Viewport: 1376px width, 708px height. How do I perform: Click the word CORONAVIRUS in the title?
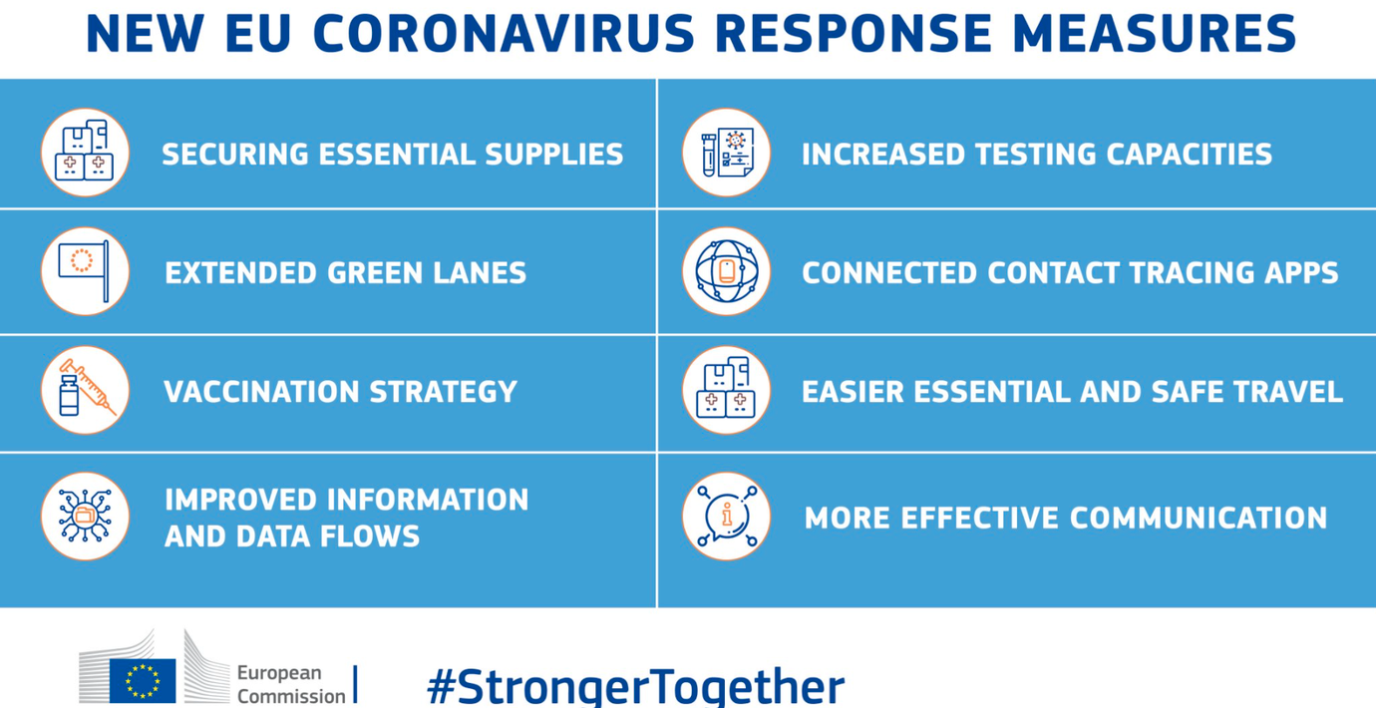pyautogui.click(x=504, y=33)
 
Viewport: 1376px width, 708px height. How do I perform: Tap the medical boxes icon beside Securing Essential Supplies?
pyautogui.click(x=86, y=152)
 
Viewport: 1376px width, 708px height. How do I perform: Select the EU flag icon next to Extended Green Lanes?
pyautogui.click(x=86, y=271)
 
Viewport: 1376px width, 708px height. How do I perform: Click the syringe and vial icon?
pyautogui.click(x=86, y=390)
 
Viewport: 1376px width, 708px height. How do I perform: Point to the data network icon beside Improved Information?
pyautogui.click(x=86, y=516)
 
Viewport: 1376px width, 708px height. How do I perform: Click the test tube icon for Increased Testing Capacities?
pyautogui.click(x=726, y=152)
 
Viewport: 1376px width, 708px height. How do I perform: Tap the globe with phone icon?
pyautogui.click(x=726, y=271)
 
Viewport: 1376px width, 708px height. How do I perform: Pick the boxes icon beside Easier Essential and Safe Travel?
pyautogui.click(x=726, y=390)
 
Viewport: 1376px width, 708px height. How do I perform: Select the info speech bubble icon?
pyautogui.click(x=726, y=516)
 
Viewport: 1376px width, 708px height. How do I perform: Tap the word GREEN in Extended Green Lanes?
pyautogui.click(x=375, y=273)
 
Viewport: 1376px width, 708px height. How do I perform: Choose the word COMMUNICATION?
pyautogui.click(x=1199, y=518)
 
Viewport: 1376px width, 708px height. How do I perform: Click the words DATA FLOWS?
pyautogui.click(x=328, y=535)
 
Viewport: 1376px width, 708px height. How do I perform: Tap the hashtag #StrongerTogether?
pyautogui.click(x=636, y=686)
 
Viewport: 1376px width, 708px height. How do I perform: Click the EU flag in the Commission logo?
pyautogui.click(x=143, y=680)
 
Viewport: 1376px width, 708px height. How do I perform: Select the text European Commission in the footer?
pyautogui.click(x=291, y=684)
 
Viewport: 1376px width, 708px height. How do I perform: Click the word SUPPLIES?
pyautogui.click(x=554, y=154)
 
